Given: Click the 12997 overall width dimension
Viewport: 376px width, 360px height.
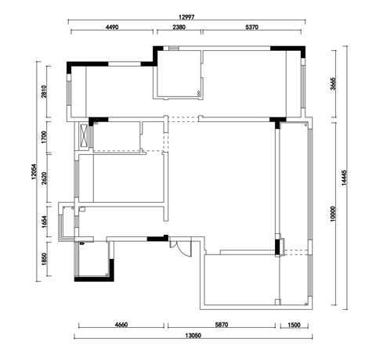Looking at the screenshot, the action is coord(186,17).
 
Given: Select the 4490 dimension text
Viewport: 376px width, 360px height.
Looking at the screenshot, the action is coord(112,27).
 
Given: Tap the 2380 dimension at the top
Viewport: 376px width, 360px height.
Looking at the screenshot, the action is coord(179,27).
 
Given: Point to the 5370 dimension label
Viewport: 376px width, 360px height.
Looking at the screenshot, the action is coord(251,27).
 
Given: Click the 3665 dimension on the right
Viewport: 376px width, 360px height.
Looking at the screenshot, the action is coord(333,84).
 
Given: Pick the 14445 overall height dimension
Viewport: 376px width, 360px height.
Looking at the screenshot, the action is coord(344,178).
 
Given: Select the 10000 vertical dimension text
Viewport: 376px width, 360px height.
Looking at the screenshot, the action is coord(333,214).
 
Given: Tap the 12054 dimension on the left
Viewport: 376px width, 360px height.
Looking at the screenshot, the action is coord(34,171).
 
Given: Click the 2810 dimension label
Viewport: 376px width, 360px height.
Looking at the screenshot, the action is coord(44,92).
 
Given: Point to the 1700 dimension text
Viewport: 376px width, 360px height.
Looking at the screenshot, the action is coord(44,137).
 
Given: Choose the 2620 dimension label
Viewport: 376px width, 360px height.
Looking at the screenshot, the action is coord(44,178).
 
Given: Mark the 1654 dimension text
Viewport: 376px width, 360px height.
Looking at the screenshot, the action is coord(44,221).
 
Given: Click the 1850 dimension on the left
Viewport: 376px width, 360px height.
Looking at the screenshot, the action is coord(44,259).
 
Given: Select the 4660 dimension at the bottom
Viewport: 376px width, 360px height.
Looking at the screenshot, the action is coord(121,325).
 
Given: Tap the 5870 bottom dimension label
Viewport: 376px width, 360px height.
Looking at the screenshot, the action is coord(222,325).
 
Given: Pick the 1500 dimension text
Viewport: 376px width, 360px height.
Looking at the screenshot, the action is coord(295,325).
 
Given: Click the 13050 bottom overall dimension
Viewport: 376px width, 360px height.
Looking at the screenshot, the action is coord(193,336).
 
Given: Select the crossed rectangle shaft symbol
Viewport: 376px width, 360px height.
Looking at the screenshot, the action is coord(84,135).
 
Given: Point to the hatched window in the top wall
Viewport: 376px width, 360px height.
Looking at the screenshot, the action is coord(173,48).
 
